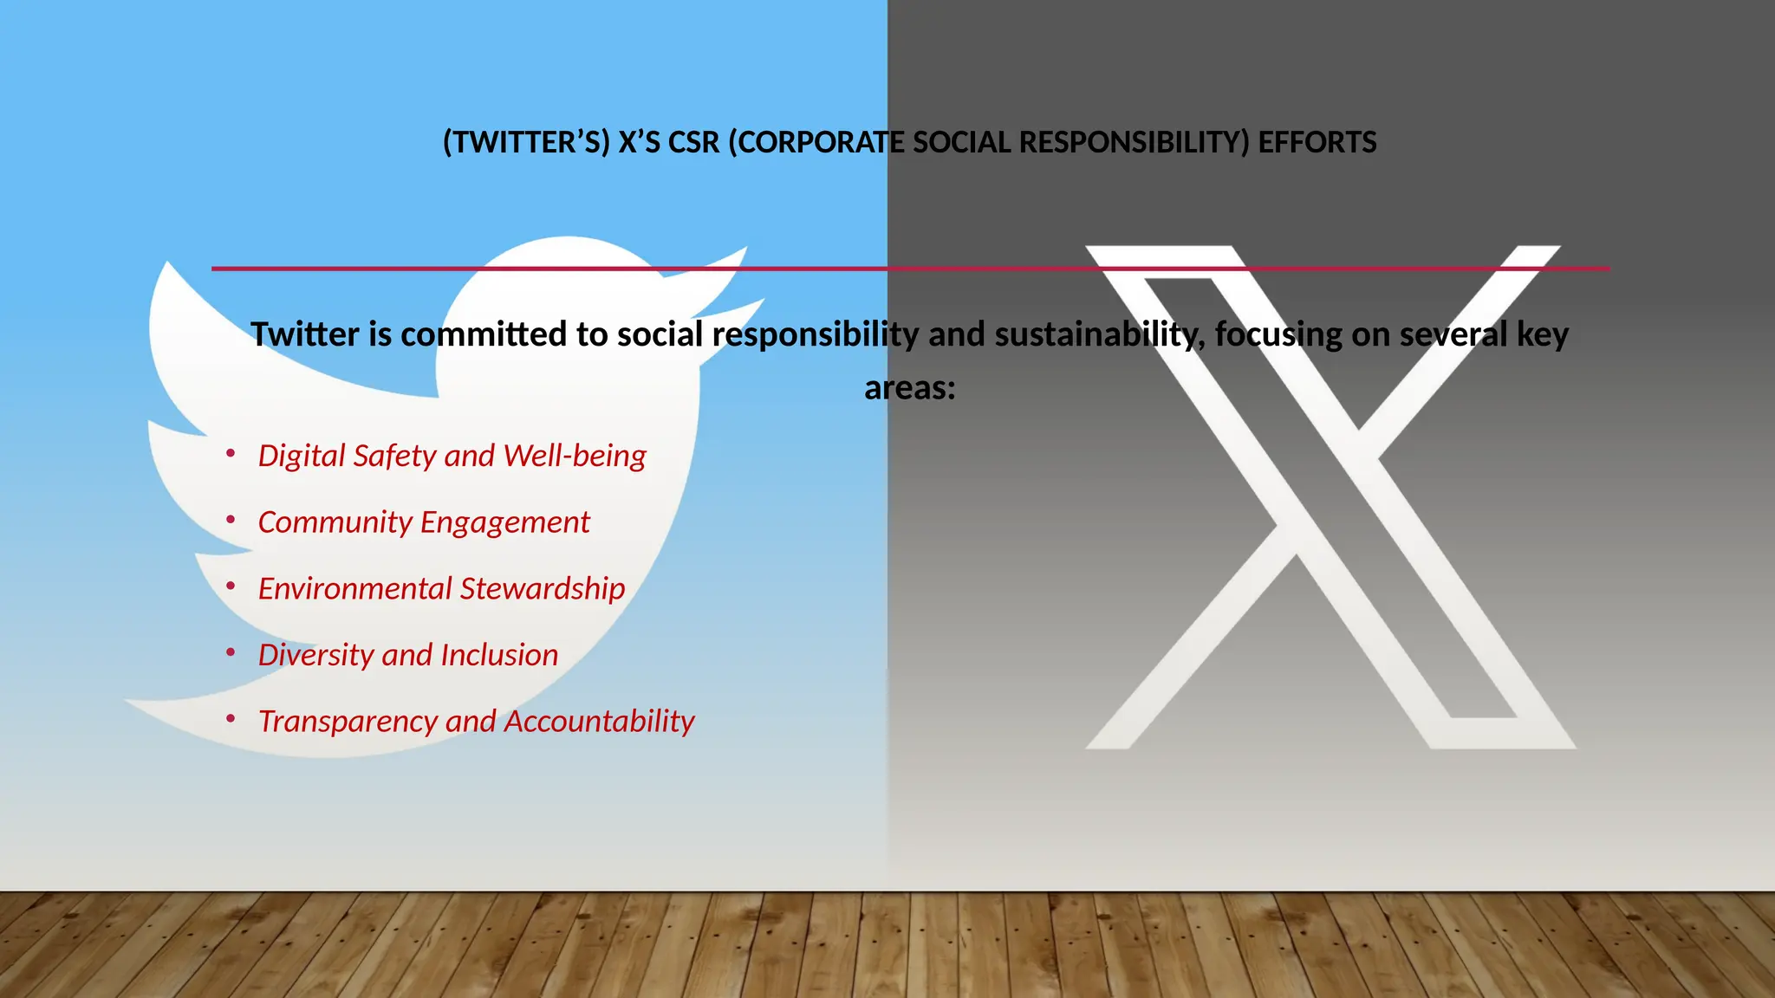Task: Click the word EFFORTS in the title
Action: [1317, 142]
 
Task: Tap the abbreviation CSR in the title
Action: [693, 142]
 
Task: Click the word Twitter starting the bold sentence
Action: [304, 334]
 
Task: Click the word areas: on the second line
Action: [909, 388]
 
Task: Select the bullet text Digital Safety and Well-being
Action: [452, 456]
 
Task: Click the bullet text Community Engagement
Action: [423, 522]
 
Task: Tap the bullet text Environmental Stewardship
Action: [441, 589]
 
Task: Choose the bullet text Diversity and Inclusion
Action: [407, 655]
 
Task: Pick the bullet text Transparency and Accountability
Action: [476, 722]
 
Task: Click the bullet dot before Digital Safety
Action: [231, 453]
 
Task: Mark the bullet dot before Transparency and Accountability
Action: [231, 718]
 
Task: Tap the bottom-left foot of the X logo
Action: [1109, 742]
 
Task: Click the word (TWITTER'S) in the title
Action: [526, 142]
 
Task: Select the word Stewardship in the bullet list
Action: [543, 589]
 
